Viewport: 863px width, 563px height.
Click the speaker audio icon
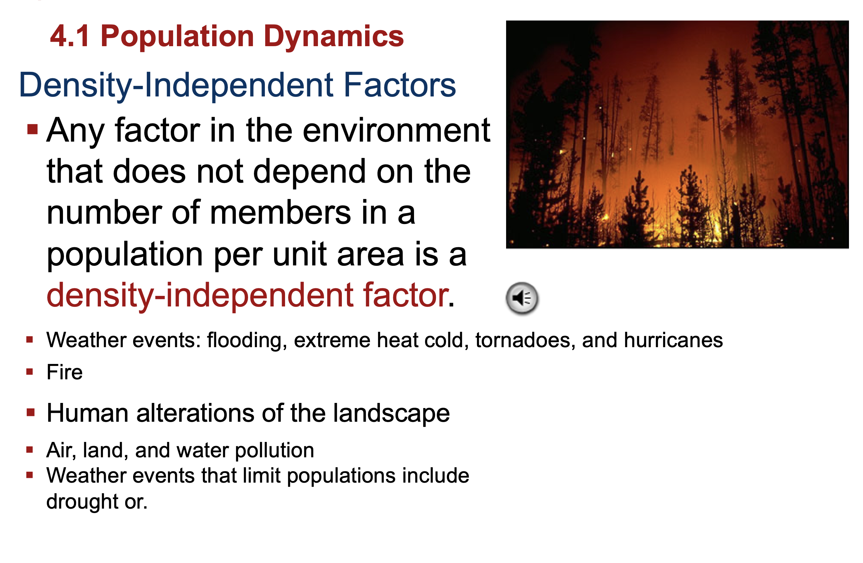tap(522, 298)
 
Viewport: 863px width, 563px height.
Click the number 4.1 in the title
tap(69, 36)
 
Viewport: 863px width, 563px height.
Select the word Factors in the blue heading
tap(400, 85)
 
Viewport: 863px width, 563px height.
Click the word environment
tap(396, 131)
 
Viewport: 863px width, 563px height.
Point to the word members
tap(281, 213)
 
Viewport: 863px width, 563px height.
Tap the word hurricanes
tap(673, 340)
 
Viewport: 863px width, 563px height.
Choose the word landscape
tap(391, 413)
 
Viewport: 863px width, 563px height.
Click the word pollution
tap(274, 450)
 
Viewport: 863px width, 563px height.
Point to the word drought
tap(82, 502)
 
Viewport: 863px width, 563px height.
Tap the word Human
tap(87, 413)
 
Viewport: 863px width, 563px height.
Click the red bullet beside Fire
tap(30, 371)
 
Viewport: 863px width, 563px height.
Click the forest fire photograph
tap(677, 134)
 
